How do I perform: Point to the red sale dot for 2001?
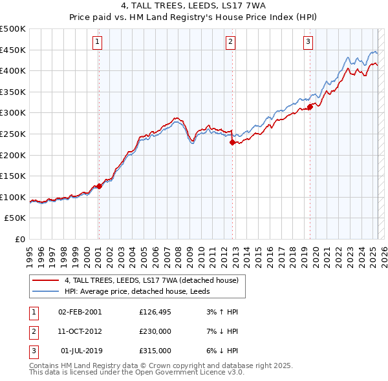click(x=99, y=186)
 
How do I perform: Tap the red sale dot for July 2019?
click(x=310, y=107)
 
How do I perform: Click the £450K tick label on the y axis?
click(x=13, y=50)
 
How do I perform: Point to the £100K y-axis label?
click(x=13, y=198)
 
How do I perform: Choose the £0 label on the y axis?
click(x=21, y=240)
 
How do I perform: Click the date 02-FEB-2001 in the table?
click(x=80, y=312)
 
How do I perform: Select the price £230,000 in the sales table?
click(x=155, y=331)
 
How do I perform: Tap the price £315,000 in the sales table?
click(x=155, y=351)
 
